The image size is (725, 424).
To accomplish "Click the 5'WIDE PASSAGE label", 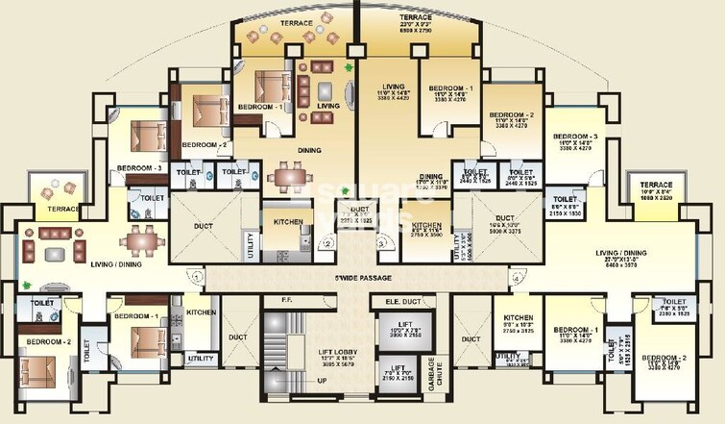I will pos(363,279).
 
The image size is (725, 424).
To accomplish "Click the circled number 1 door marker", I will pos(196,277).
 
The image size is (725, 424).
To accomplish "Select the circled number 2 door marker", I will pos(328,243).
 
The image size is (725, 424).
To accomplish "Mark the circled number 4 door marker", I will pos(517,279).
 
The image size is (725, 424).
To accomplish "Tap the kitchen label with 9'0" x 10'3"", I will pos(518,324).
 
